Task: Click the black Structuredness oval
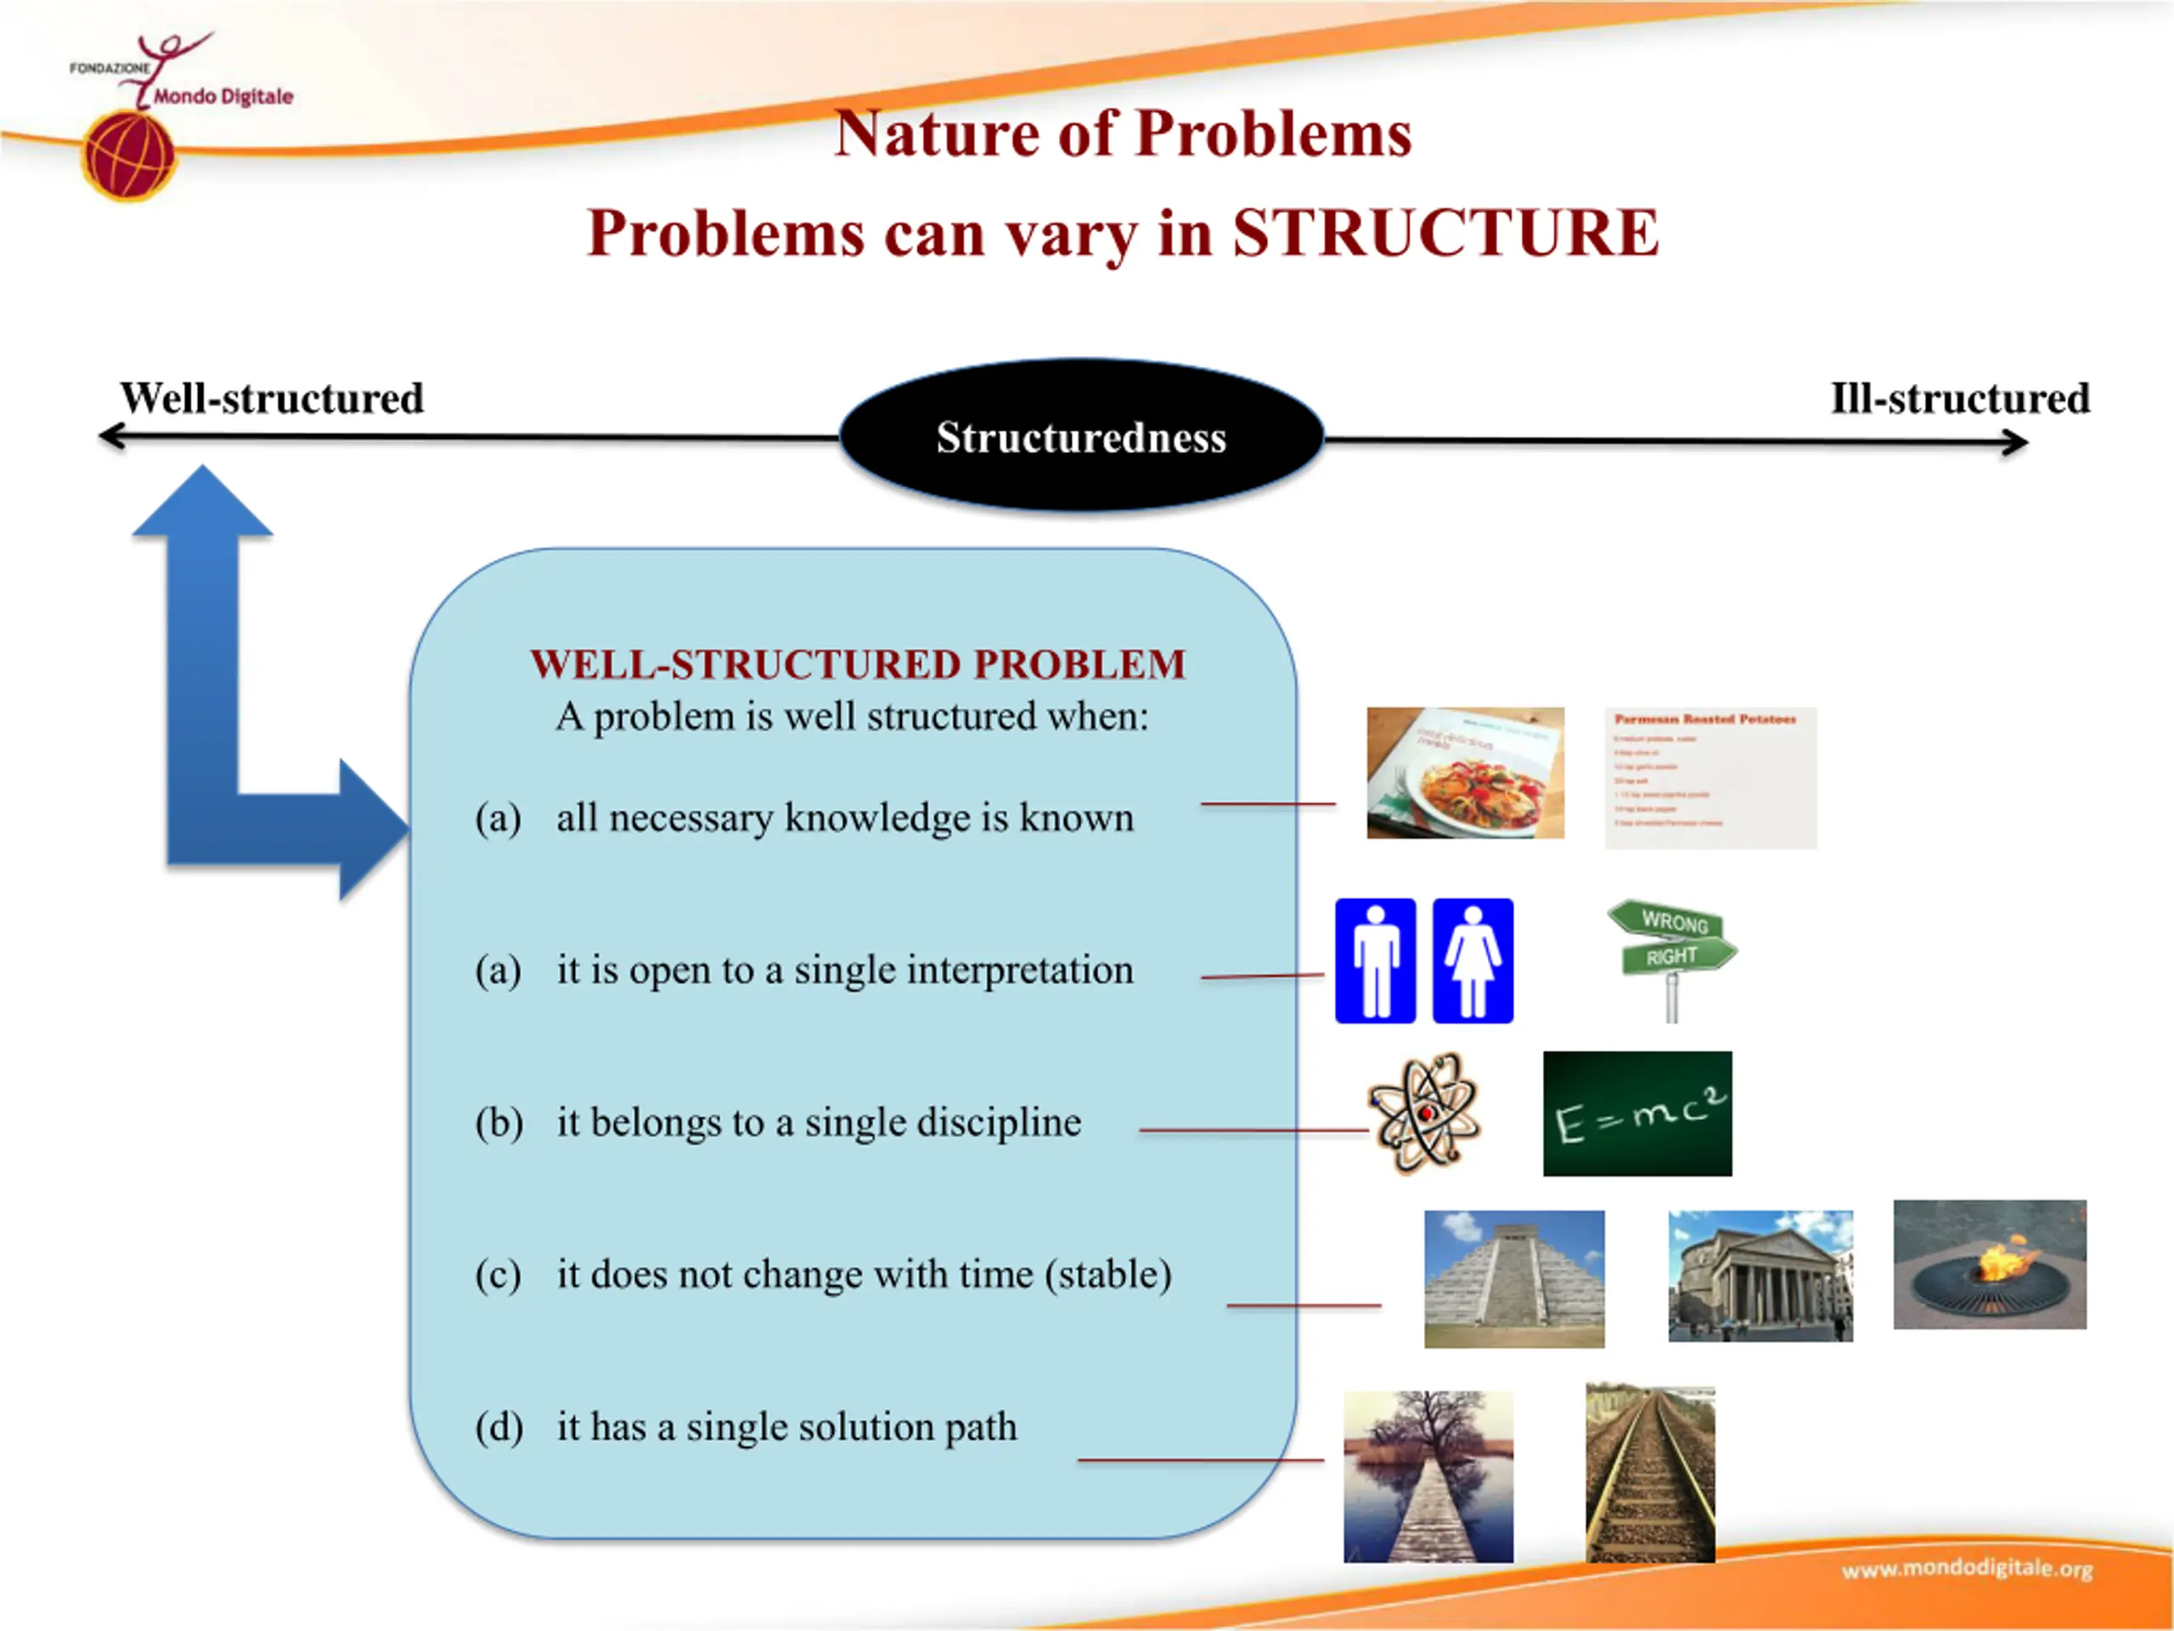[x=1081, y=437]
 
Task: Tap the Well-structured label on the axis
[x=271, y=398]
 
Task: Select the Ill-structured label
[x=1960, y=398]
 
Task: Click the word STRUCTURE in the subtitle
[x=1445, y=233]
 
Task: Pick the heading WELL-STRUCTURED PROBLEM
[x=858, y=664]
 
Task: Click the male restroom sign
[x=1375, y=961]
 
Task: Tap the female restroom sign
[x=1473, y=961]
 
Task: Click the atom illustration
[x=1424, y=1113]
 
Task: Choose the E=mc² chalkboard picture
[x=1637, y=1114]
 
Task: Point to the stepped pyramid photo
[x=1513, y=1278]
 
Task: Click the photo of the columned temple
[x=1760, y=1276]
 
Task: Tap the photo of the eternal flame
[x=1989, y=1264]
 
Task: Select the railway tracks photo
[x=1650, y=1474]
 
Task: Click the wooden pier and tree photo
[x=1428, y=1476]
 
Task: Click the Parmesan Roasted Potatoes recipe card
[x=1710, y=777]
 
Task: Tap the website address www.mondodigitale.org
[x=1967, y=1570]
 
